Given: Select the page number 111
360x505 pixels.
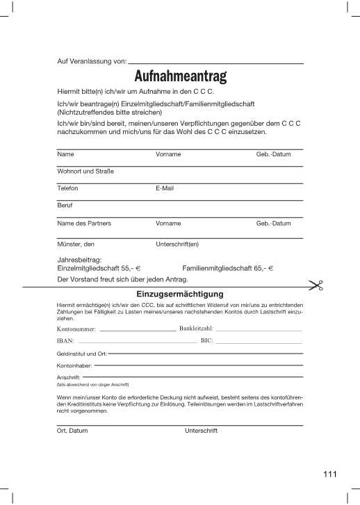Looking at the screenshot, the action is coord(329,474).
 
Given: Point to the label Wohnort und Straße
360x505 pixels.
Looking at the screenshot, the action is coord(85,172).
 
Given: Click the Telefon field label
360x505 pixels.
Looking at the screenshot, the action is coord(67,189).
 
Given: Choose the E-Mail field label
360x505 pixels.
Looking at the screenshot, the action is coord(165,189).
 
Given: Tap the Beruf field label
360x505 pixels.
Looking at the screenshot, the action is coord(65,206).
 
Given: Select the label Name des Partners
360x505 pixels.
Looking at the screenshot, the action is coord(84,224).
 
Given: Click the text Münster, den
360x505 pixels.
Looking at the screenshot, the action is coord(76,245).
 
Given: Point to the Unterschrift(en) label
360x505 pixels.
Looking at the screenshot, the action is coord(178,245).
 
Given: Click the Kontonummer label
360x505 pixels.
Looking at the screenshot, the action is coord(77,328).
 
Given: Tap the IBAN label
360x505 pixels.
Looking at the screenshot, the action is coord(65,341).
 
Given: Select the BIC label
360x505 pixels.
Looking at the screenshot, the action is coord(206,341).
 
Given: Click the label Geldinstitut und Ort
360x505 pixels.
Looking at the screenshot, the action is coord(81,354).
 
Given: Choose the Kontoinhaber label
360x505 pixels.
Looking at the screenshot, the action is coord(74,365).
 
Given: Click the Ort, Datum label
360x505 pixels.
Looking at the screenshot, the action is coord(72,431).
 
